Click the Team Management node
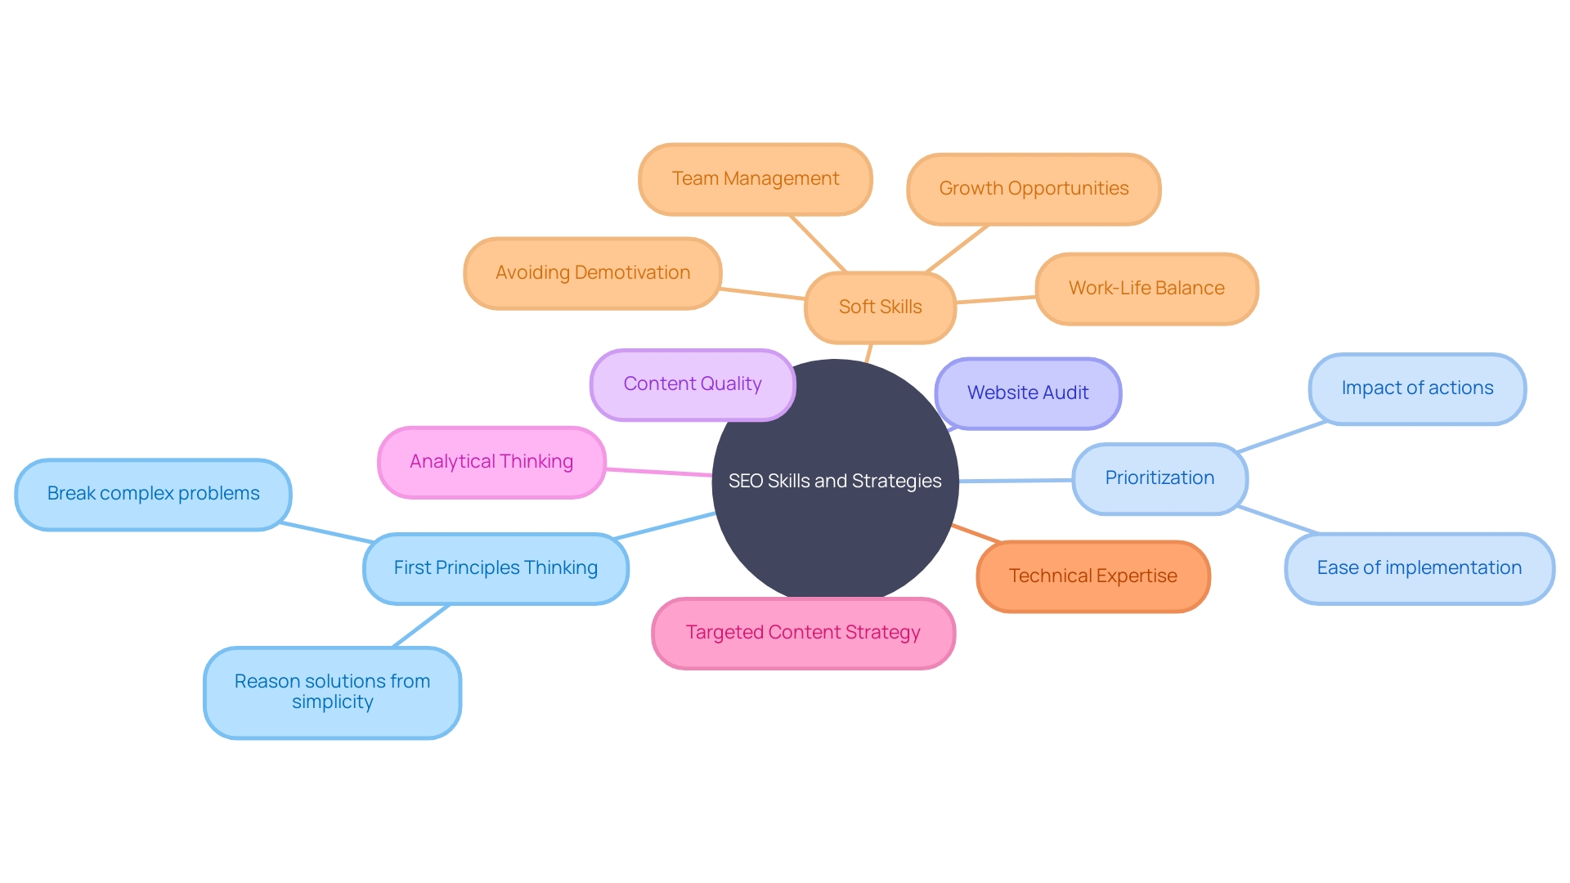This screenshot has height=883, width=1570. [x=755, y=179]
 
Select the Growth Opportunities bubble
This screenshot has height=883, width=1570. [x=1034, y=189]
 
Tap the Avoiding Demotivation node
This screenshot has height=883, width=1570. [x=592, y=273]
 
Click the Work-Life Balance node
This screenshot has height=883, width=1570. [x=1146, y=289]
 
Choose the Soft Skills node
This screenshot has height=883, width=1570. [x=880, y=307]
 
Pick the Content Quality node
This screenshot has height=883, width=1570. [x=692, y=384]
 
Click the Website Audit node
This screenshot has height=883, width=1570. [x=1028, y=393]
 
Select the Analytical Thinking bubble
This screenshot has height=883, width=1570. [x=491, y=462]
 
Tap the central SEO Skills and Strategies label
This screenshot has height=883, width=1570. [x=835, y=482]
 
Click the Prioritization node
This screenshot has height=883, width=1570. [x=1160, y=478]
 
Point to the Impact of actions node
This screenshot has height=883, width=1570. [x=1417, y=388]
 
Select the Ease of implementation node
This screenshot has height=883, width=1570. [x=1419, y=568]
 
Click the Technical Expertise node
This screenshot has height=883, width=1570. [x=1092, y=576]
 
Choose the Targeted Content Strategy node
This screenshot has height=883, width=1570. [x=803, y=633]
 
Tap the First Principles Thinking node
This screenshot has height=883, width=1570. [x=496, y=568]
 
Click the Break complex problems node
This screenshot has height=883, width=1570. [x=153, y=494]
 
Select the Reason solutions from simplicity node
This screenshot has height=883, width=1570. [x=332, y=692]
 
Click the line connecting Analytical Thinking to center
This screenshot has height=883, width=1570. [x=658, y=472]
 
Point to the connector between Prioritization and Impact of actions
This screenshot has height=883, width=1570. [x=1281, y=437]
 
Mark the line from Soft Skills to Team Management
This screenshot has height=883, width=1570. [x=818, y=244]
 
